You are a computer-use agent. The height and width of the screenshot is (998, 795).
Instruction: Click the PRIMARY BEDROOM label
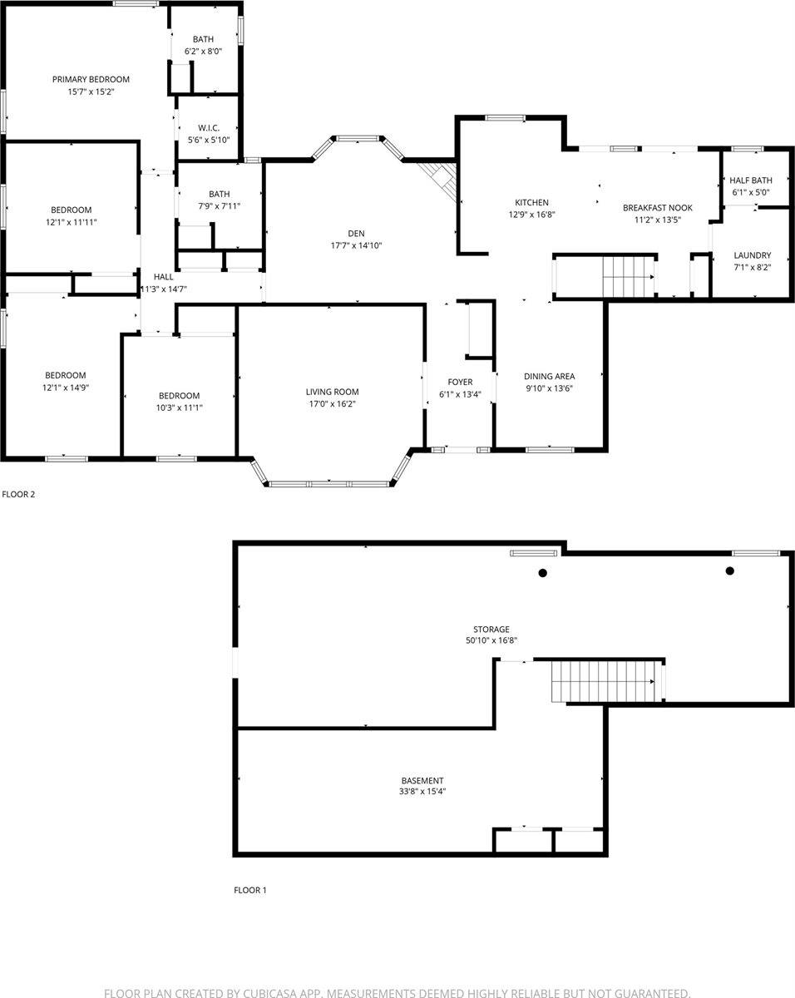[x=91, y=79]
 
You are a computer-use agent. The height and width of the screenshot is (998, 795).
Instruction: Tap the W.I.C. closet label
[x=209, y=128]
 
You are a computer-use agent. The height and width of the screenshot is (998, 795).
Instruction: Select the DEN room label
[x=356, y=234]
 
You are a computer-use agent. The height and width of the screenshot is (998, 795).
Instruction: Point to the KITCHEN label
[x=531, y=203]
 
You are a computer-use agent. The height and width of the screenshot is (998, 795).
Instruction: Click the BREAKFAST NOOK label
[x=657, y=208]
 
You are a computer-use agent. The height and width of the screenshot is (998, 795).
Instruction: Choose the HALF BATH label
[x=751, y=180]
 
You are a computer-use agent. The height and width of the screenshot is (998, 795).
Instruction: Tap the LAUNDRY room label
[x=753, y=255]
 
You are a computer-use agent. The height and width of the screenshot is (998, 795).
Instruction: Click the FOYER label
[x=460, y=382]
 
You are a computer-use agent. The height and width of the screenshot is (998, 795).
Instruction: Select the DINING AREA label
[x=549, y=377]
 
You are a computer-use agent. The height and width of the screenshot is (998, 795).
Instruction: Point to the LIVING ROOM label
[x=332, y=393]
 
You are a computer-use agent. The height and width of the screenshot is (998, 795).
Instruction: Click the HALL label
[x=163, y=277]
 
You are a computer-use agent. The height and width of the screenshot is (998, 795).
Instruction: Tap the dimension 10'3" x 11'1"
[x=180, y=408]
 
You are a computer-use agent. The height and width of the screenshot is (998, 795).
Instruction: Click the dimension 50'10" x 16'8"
[x=491, y=641]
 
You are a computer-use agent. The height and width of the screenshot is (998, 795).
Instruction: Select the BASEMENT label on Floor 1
[x=422, y=781]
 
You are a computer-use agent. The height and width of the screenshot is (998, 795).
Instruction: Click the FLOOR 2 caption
[x=18, y=494]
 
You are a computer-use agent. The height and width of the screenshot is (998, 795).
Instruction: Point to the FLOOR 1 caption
[x=250, y=890]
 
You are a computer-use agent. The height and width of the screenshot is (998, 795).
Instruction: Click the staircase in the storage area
[x=605, y=681]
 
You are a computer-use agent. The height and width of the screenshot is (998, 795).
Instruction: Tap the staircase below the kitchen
[x=629, y=277]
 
